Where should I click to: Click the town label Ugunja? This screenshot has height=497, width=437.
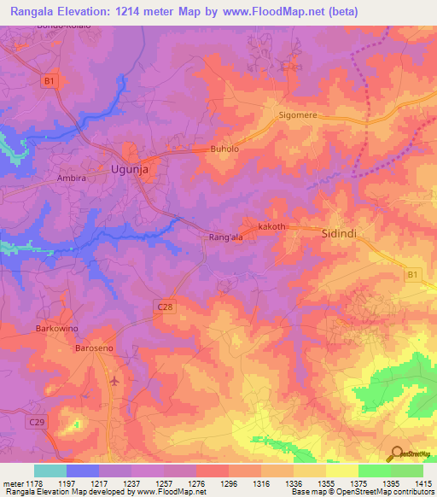[x=131, y=169]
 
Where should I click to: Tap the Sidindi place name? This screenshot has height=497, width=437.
[x=337, y=232]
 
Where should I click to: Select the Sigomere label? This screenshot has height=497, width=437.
[x=298, y=114]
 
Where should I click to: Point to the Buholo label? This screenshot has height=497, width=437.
[x=224, y=149]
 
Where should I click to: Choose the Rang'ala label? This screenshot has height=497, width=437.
[x=226, y=239]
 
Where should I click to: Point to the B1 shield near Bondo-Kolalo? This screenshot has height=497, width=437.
[x=50, y=81]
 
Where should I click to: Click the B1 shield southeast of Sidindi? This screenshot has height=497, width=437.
[x=413, y=274]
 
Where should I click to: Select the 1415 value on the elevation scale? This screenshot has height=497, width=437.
[x=424, y=484]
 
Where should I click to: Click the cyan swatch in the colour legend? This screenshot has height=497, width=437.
[x=50, y=471]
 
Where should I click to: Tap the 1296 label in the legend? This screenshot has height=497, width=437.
[x=230, y=484]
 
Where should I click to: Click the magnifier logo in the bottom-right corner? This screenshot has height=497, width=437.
[x=395, y=454]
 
